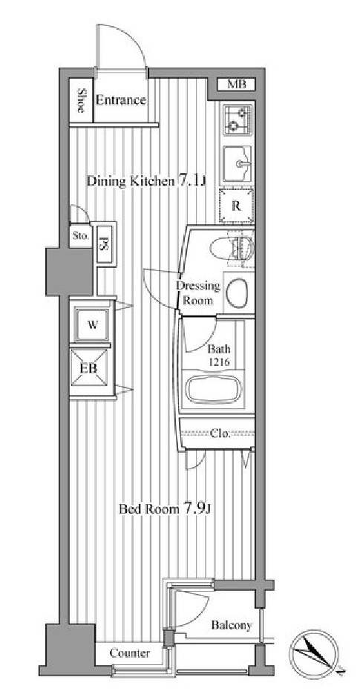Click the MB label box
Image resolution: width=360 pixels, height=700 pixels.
click(237, 83)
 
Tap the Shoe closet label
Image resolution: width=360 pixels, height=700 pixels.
click(82, 100)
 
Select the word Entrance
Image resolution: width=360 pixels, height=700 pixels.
click(121, 100)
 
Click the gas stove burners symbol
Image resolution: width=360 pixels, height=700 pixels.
click(238, 120)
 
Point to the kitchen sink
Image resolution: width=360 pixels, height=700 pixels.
click(238, 164)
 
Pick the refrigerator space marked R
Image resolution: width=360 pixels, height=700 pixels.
click(236, 206)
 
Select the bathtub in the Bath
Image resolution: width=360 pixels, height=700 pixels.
click(214, 389)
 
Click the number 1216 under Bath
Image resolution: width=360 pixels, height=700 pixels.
click(218, 362)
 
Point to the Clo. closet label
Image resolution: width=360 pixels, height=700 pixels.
click(220, 433)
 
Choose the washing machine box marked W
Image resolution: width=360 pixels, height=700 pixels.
click(92, 324)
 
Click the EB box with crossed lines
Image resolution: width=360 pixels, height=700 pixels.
click(91, 368)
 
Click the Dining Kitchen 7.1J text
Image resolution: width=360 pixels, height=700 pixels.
click(145, 181)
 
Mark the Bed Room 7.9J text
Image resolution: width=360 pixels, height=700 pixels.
click(164, 508)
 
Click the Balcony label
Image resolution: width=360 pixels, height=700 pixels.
click(232, 625)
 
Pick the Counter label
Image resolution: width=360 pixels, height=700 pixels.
click(130, 653)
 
